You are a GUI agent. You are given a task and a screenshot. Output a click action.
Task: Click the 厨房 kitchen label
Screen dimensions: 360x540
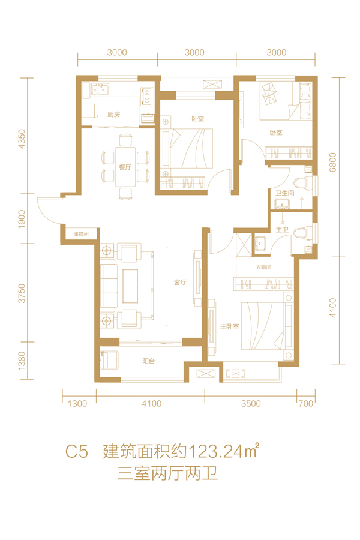113,115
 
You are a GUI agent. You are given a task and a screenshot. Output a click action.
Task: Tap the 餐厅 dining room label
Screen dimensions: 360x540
125,167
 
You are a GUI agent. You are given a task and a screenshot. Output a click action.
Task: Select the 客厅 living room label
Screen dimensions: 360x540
180,283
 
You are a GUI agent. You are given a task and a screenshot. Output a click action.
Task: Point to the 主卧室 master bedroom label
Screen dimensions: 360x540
229,326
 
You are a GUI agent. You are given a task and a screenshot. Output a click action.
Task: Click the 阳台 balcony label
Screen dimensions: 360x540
148,361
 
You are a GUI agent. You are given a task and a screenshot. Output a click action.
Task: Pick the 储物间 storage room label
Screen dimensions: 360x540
81,234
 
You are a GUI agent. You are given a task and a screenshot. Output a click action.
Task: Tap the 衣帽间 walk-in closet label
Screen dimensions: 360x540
263,267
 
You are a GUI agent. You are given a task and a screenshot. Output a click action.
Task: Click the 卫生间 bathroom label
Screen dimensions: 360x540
284,193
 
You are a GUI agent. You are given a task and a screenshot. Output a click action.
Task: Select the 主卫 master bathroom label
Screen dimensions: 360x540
282,229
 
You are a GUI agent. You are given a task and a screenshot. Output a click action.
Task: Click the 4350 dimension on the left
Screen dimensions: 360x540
22,139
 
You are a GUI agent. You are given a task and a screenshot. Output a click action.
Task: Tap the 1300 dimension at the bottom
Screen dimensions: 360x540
77,404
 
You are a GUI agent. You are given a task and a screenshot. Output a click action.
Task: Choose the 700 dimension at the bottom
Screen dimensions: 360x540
306,403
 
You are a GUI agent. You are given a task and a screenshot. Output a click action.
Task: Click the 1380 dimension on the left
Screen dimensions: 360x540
22,361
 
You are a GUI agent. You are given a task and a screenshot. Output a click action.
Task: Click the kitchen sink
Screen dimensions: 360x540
100,89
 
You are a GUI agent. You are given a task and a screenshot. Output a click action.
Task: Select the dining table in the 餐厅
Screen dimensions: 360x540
125,167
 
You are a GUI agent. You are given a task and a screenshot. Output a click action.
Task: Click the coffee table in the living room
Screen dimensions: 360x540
130,286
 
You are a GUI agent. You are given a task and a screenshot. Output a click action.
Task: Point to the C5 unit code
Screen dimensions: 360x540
77,451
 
